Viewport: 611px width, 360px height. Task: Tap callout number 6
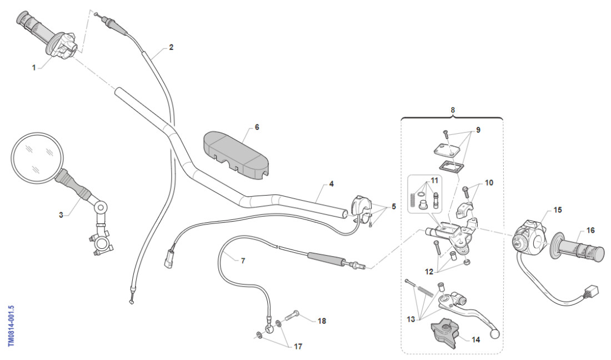click(x=257, y=127)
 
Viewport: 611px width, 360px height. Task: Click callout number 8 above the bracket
click(x=453, y=110)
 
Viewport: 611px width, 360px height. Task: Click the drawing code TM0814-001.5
click(x=12, y=325)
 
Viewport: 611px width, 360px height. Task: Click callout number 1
click(x=34, y=67)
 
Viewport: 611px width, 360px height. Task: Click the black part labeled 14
click(x=444, y=333)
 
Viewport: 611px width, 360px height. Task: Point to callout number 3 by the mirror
click(x=61, y=214)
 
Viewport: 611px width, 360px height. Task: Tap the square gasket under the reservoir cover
click(x=450, y=166)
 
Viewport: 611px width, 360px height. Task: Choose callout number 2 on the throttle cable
click(x=171, y=48)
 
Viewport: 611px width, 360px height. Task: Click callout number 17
click(x=298, y=346)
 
